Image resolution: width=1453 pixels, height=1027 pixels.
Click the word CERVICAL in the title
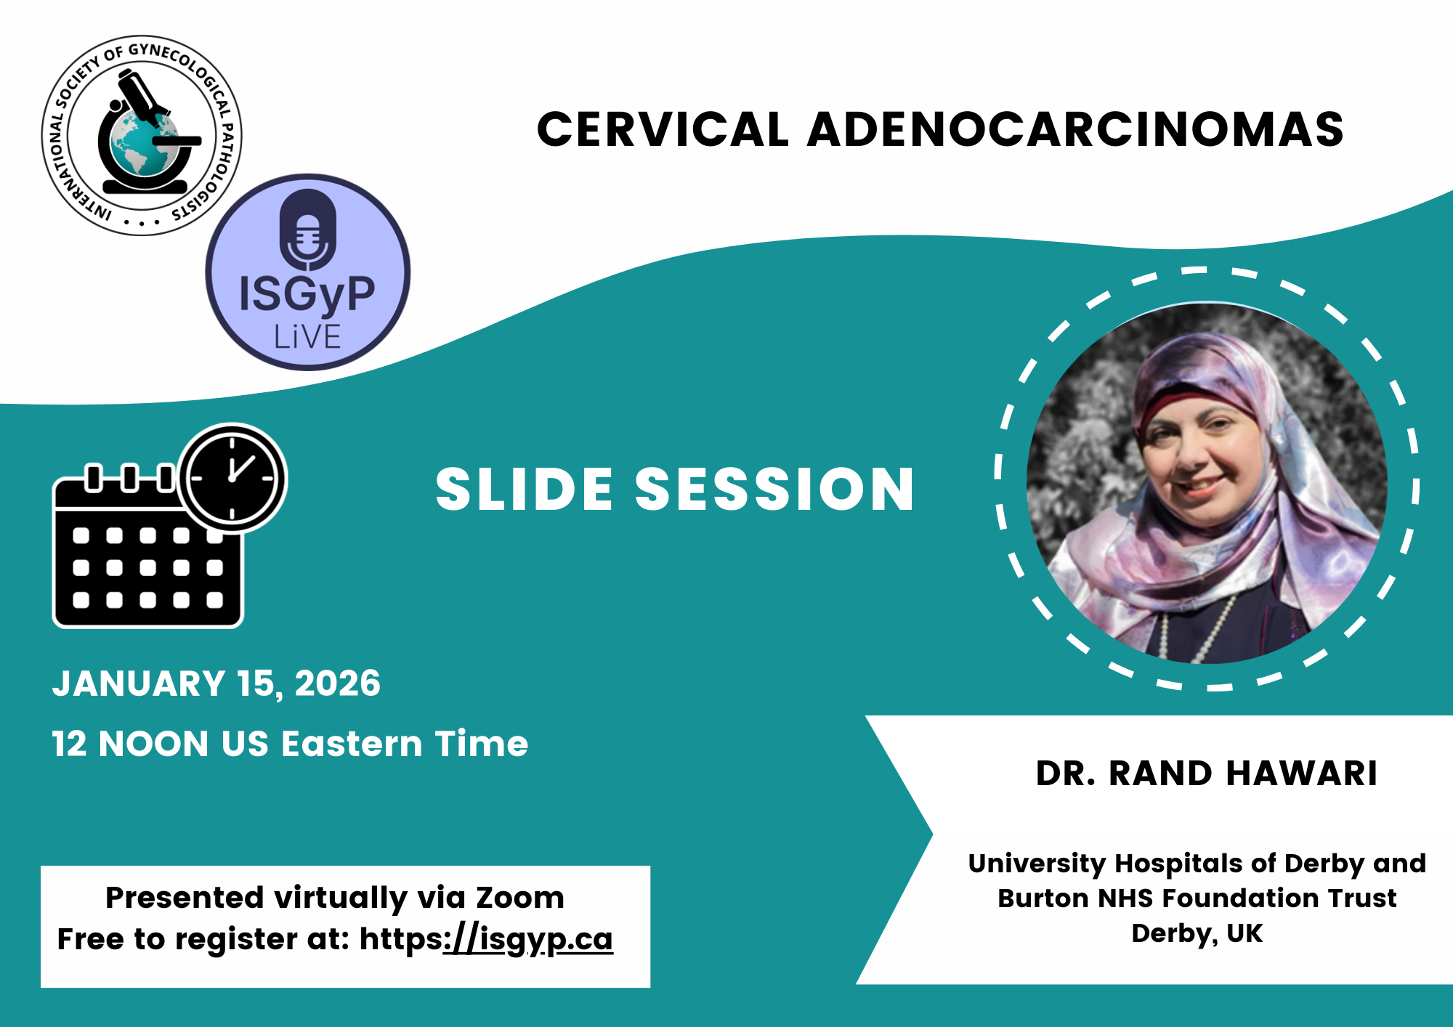(663, 129)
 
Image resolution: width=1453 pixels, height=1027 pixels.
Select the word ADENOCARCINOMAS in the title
(1075, 129)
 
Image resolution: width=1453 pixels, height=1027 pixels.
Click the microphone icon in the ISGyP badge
(309, 230)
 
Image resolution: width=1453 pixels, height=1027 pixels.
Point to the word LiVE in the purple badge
(307, 337)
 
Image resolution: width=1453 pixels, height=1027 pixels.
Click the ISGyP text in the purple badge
(307, 295)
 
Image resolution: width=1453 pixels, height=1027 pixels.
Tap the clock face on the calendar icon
(232, 479)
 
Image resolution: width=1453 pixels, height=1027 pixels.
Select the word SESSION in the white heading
(774, 489)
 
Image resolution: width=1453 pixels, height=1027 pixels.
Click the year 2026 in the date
(338, 683)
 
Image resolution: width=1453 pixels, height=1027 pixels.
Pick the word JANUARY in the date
(139, 683)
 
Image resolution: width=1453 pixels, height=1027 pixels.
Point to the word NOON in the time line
(153, 744)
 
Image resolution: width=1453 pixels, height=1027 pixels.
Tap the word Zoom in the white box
(520, 898)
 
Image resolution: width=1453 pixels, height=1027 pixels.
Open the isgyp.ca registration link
(528, 940)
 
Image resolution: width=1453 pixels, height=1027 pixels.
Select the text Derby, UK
(1197, 933)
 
